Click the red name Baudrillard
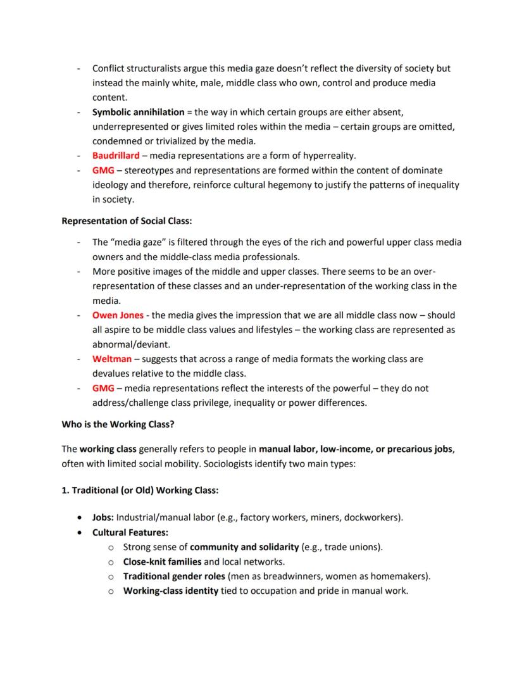pyautogui.click(x=116, y=156)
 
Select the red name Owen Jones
pyautogui.click(x=118, y=315)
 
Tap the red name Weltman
pyautogui.click(x=112, y=359)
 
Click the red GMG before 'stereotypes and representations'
pyautogui.click(x=103, y=170)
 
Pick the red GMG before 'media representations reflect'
pyautogui.click(x=103, y=388)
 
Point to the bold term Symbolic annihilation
pyautogui.click(x=138, y=112)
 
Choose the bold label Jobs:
pyautogui.click(x=103, y=517)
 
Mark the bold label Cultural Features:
pyautogui.click(x=130, y=532)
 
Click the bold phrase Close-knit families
pyautogui.click(x=162, y=562)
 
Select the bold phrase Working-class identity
pyautogui.click(x=170, y=591)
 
